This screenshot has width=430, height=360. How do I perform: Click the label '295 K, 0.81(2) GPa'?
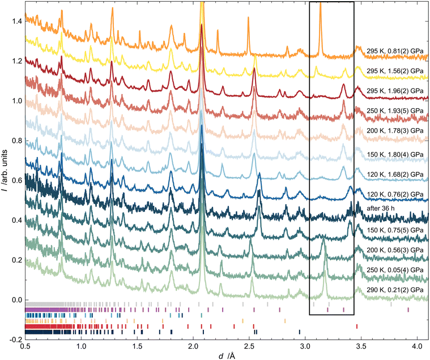point(395,49)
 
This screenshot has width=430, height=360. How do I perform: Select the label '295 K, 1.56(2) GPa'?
point(395,70)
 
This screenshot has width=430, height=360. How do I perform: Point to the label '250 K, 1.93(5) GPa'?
point(395,110)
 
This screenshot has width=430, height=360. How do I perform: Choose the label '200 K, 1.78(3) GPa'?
point(395,130)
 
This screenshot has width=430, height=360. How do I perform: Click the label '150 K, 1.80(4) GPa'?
point(395,153)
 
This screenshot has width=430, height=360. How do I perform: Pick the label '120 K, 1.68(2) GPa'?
point(395,173)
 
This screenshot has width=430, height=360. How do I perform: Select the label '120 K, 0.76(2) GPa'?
point(395,194)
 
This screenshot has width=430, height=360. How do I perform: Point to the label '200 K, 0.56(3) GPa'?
point(395,249)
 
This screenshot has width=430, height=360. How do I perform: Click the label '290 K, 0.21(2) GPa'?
point(395,290)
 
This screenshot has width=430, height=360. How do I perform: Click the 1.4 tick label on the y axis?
point(14,22)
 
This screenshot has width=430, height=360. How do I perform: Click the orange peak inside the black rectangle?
point(320,17)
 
